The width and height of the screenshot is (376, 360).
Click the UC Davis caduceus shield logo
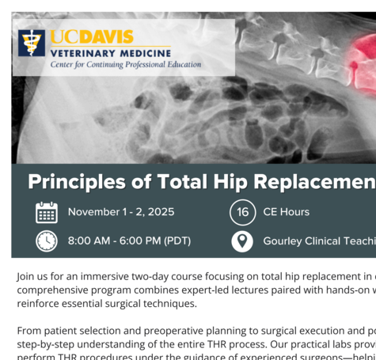[x=32, y=43]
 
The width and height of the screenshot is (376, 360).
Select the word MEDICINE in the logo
[x=146, y=54]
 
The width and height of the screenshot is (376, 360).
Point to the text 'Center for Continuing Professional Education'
[x=126, y=65]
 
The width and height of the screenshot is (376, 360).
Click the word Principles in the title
[x=77, y=182]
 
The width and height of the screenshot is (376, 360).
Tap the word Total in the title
[x=182, y=182]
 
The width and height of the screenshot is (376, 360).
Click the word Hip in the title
[x=230, y=182]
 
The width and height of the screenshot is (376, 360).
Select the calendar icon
[x=47, y=213]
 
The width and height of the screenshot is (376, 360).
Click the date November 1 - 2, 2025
[x=121, y=212]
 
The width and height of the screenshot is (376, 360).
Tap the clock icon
[x=47, y=241]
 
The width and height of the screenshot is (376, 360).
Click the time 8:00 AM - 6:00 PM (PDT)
[x=129, y=241]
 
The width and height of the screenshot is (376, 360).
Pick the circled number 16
[x=242, y=212]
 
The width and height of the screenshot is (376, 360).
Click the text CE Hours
[x=287, y=212]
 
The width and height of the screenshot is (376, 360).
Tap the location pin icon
[x=242, y=241]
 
